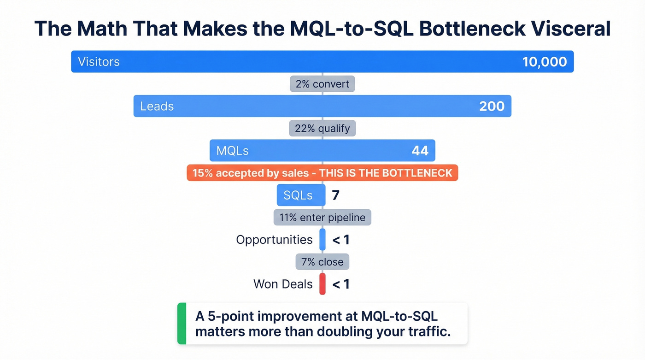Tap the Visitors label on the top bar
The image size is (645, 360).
(x=99, y=62)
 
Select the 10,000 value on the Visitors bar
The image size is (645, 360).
(x=545, y=62)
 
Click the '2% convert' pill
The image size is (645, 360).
(x=322, y=84)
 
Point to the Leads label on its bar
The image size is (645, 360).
(x=157, y=106)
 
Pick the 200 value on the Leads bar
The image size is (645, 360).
(x=492, y=106)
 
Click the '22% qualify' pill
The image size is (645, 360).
(x=322, y=128)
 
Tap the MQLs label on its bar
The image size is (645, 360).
(x=232, y=151)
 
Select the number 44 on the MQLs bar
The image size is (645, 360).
(x=420, y=151)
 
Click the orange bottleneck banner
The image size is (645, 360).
(x=322, y=173)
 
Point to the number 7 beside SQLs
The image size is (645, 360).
(x=335, y=195)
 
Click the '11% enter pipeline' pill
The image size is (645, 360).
(x=322, y=217)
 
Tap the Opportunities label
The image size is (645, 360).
(x=274, y=240)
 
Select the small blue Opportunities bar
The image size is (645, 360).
(x=322, y=240)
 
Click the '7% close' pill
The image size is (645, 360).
(x=322, y=262)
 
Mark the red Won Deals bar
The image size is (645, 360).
(x=322, y=284)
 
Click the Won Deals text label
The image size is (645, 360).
(x=283, y=284)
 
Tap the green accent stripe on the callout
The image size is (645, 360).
(x=182, y=324)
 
